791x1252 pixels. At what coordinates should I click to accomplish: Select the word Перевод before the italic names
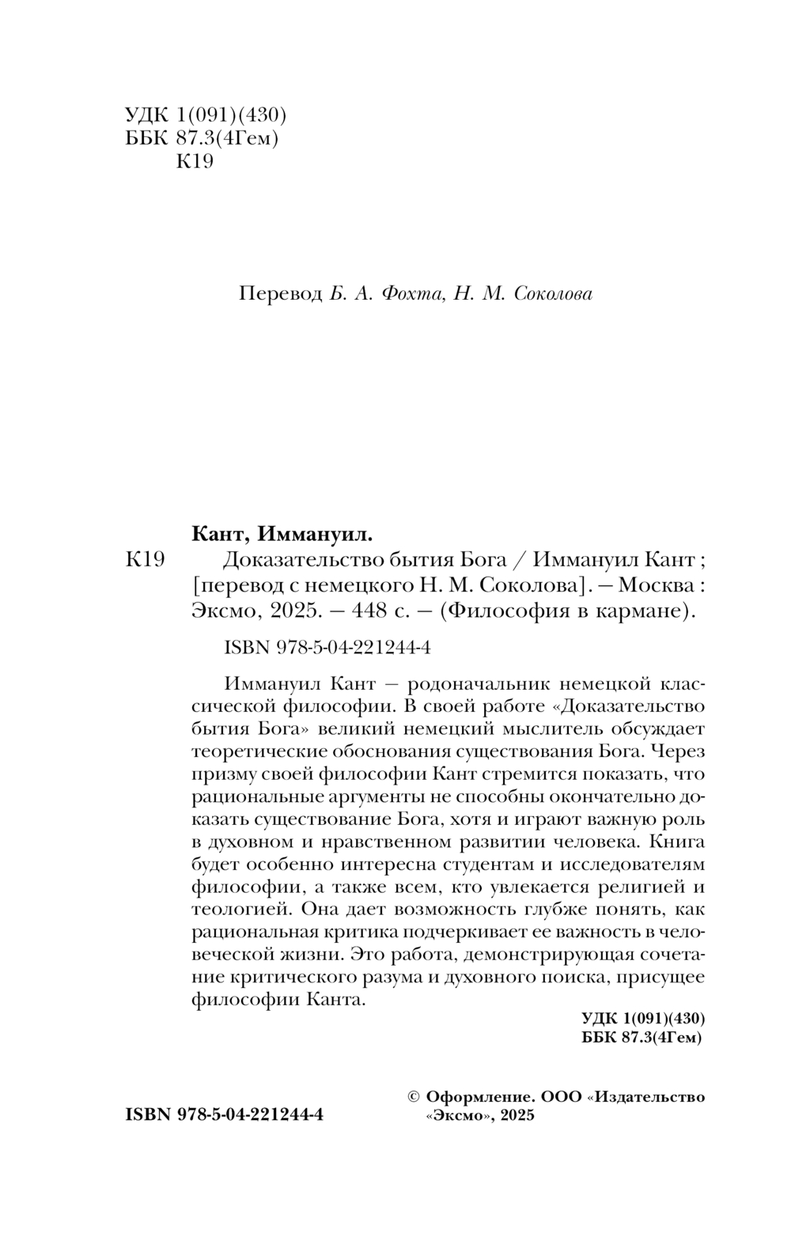coord(280,294)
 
